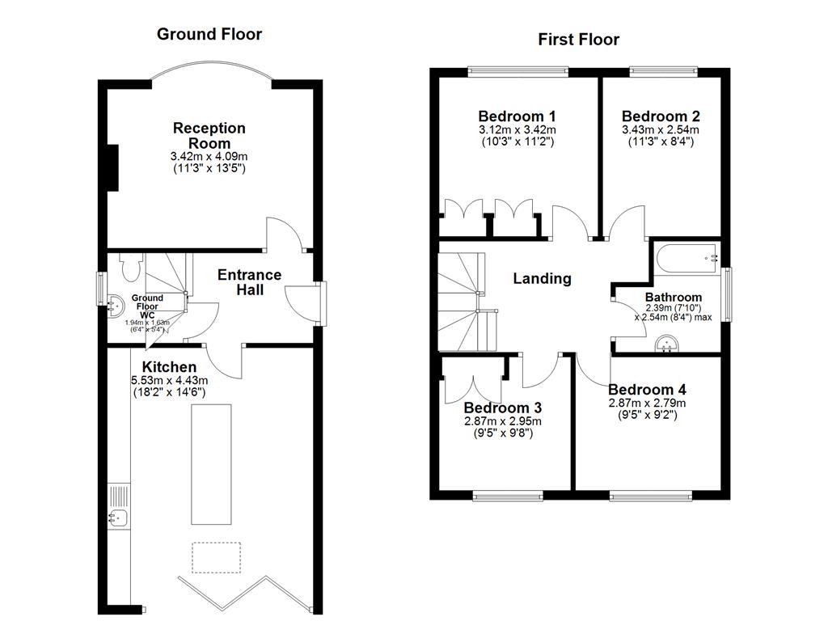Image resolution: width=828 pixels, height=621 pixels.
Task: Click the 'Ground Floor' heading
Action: (209, 34)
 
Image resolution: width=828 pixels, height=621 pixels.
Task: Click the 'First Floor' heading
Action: (579, 39)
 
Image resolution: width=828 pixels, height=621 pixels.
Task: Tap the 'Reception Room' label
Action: (209, 135)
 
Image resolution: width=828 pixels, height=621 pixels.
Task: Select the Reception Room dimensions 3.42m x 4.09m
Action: (209, 156)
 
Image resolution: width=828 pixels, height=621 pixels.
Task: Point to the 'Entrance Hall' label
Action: (250, 282)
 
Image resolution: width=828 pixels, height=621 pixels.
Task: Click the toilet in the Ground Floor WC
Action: (131, 266)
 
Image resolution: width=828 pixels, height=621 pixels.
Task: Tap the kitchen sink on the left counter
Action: (116, 517)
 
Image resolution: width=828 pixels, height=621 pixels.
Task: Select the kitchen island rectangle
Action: (211, 464)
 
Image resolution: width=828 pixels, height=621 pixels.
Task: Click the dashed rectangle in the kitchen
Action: (216, 558)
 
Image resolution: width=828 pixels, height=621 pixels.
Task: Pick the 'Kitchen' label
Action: (169, 367)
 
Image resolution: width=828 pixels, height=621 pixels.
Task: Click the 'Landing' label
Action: (542, 279)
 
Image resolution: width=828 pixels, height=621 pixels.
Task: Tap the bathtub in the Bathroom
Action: (687, 258)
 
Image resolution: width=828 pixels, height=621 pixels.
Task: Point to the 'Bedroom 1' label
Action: (517, 116)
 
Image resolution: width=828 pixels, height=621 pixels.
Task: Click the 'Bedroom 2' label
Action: (661, 116)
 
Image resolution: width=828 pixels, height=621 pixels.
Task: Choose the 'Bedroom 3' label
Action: (502, 408)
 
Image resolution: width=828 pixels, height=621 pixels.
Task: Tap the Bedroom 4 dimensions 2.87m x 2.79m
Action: (647, 403)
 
